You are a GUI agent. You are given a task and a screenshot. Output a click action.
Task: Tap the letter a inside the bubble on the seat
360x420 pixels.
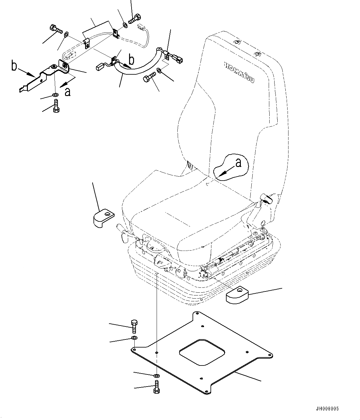click(238, 163)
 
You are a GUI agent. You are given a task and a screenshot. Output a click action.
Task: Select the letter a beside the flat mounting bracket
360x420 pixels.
click(67, 92)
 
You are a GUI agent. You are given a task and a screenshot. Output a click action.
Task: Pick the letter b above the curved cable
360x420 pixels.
click(131, 59)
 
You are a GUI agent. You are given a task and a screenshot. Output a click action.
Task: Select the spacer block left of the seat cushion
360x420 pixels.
click(103, 218)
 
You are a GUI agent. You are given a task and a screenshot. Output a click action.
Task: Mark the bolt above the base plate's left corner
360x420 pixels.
click(134, 326)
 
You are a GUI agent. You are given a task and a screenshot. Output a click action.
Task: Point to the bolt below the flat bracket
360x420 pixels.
click(56, 106)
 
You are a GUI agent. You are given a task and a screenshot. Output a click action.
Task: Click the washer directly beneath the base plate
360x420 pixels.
click(157, 376)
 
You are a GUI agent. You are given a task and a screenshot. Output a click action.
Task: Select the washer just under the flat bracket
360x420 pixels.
click(55, 94)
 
